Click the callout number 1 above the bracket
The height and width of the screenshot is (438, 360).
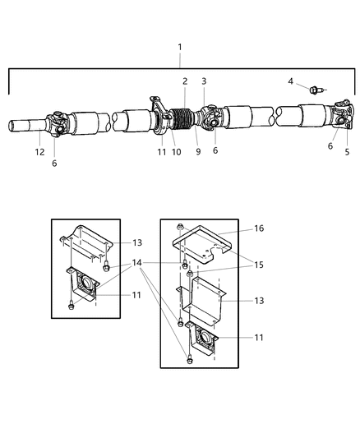tap(180, 47)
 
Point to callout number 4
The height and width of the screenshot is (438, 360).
tap(290, 81)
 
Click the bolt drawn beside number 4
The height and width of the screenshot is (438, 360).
tap(316, 88)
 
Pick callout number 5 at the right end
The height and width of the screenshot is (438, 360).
tap(347, 152)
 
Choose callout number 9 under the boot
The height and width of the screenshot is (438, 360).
tap(198, 150)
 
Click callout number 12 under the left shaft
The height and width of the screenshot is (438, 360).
tap(39, 151)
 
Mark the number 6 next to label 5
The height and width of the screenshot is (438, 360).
tap(331, 146)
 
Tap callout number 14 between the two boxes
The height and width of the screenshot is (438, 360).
tap(137, 262)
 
